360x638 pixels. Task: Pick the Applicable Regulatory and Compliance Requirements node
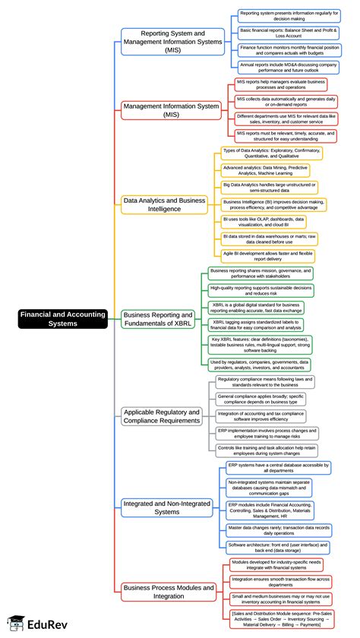[x=163, y=416]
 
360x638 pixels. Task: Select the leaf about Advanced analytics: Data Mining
[x=265, y=170]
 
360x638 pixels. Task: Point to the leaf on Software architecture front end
[x=278, y=546]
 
